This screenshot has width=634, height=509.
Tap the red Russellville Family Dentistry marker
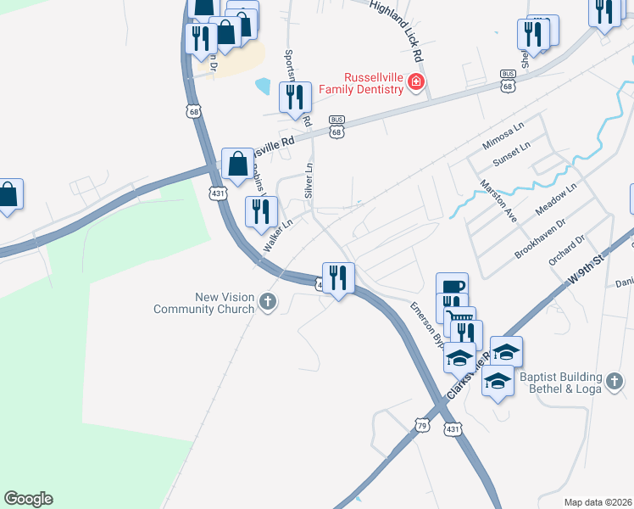[x=415, y=81]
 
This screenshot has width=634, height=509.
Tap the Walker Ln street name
[x=277, y=236]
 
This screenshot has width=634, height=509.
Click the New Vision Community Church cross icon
[x=268, y=301]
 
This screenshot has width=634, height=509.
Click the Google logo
[x=28, y=499]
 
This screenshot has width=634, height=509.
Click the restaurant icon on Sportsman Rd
[x=295, y=97]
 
